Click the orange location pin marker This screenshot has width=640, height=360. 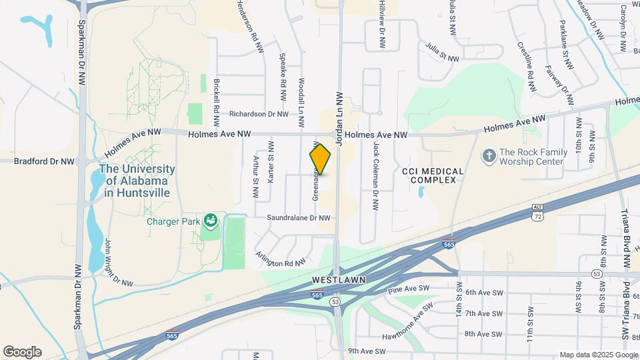(320, 159)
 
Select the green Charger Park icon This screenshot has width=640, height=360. (211, 219)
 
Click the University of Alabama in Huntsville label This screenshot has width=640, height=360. (137, 181)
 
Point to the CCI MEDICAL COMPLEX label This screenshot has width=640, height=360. (433, 175)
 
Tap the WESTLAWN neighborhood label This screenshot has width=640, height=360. (339, 279)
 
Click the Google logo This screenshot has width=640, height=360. (22, 352)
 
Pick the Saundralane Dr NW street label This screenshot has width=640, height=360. (299, 217)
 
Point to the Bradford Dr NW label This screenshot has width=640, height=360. (44, 161)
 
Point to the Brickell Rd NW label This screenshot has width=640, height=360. (217, 104)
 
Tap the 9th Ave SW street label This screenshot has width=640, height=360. (367, 351)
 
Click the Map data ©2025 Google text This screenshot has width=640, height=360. (598, 355)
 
